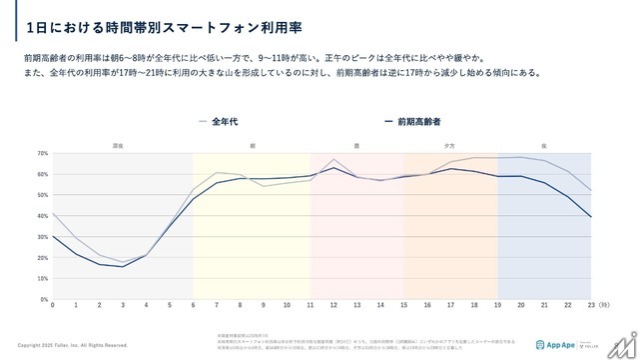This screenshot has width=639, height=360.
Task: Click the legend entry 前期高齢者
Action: pyautogui.click(x=415, y=122)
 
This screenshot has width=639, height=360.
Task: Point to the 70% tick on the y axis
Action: pyautogui.click(x=43, y=154)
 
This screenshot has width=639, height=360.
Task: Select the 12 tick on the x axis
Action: pyautogui.click(x=333, y=304)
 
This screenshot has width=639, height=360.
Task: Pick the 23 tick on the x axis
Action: pyautogui.click(x=591, y=304)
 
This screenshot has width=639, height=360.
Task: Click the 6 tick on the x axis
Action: pyautogui.click(x=193, y=304)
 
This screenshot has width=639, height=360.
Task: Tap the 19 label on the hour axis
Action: pyautogui.click(x=497, y=304)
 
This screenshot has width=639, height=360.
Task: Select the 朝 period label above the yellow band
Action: pyautogui.click(x=253, y=146)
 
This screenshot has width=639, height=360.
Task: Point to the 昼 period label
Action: pyautogui.click(x=357, y=146)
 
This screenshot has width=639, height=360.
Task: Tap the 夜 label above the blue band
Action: pyautogui.click(x=544, y=146)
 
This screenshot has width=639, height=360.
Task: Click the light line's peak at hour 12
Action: pyautogui.click(x=333, y=159)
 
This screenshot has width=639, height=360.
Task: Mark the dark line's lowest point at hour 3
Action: pyautogui.click(x=123, y=266)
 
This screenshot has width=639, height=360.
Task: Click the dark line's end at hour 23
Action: pyautogui.click(x=591, y=217)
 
